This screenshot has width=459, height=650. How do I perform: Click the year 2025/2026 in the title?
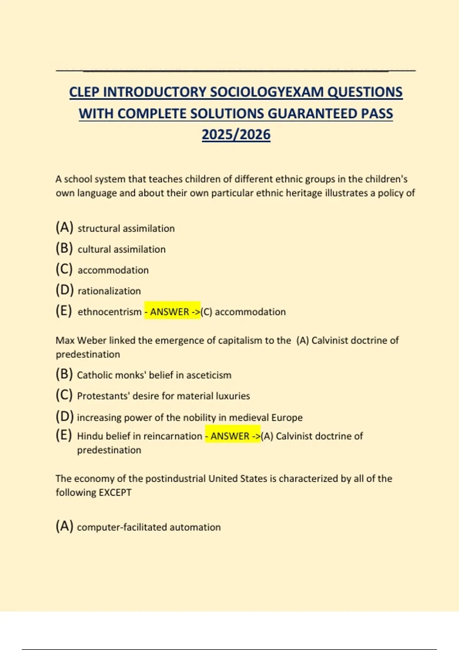point(236,135)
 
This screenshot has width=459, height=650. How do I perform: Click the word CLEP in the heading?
point(84,92)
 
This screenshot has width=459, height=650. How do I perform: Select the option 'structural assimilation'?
point(126,228)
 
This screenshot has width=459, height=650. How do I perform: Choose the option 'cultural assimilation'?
point(121,249)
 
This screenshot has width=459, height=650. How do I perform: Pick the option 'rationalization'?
point(109,291)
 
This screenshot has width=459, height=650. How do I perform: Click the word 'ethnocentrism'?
point(109,312)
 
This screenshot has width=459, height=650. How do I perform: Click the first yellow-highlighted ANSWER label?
point(172,312)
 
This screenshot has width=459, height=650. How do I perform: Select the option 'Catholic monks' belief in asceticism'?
point(154,375)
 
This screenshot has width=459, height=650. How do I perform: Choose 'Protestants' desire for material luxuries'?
point(163,396)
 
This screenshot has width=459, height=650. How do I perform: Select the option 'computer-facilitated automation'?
point(148,527)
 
